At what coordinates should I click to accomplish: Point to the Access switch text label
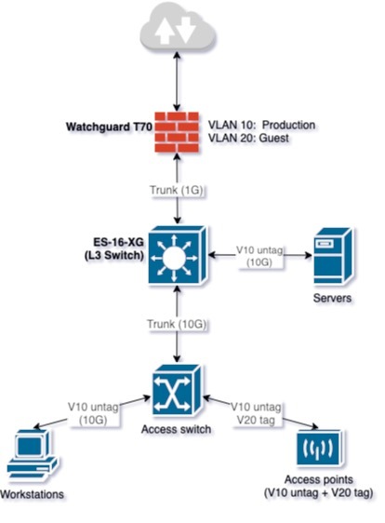tap(177, 430)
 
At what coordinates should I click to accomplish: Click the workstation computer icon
tap(34, 455)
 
